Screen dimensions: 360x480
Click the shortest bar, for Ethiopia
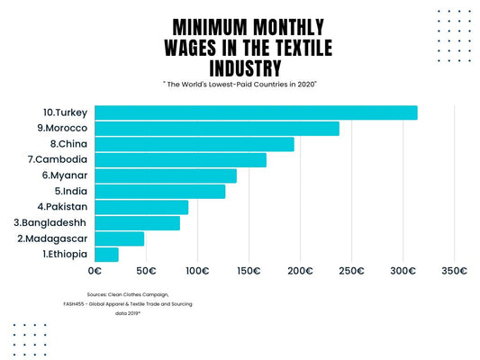(x=106, y=255)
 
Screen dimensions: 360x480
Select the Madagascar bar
(x=119, y=238)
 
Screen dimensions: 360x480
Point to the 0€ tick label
(x=95, y=270)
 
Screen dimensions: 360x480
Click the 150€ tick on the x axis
(x=249, y=270)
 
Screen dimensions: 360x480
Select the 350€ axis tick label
(x=454, y=270)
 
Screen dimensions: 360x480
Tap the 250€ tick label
(x=351, y=270)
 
